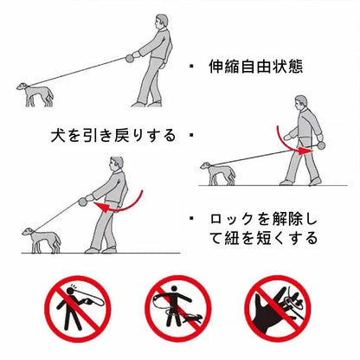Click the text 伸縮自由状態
point(256,67)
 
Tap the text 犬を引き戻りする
point(113,135)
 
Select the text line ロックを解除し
point(263,220)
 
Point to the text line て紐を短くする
point(263,238)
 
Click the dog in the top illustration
point(35,94)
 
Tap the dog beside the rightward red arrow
point(218,173)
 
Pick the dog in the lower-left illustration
point(42,240)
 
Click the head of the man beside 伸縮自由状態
point(161,22)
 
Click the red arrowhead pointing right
point(303,151)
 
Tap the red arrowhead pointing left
point(100,207)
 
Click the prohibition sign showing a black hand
point(278,308)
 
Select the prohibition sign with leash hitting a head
point(78,309)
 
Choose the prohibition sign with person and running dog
point(178,309)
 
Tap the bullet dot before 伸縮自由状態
point(191,67)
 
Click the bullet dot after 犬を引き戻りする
point(191,134)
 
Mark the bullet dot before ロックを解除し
point(191,218)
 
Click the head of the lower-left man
point(116,164)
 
